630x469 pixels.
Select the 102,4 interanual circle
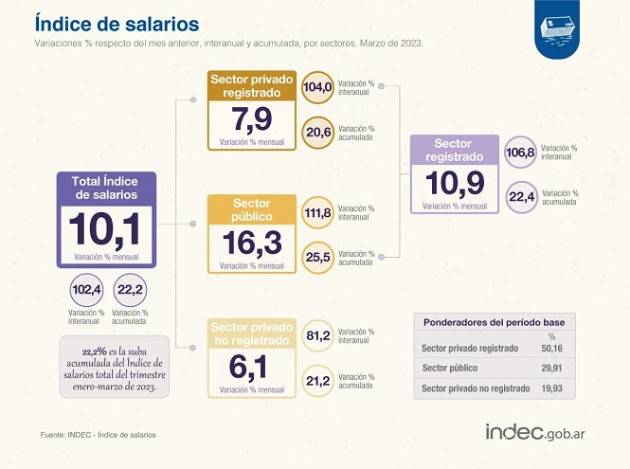(86, 289)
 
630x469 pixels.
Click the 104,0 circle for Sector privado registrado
(317, 87)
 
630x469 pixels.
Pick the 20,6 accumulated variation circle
(317, 134)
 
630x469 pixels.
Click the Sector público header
(251, 209)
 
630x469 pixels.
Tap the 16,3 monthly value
(251, 244)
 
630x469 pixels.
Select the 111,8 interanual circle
(317, 212)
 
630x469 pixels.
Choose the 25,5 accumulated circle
(317, 258)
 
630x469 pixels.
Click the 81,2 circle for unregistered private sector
(317, 335)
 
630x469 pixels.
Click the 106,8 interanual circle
(522, 153)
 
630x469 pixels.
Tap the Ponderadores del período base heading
(494, 322)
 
